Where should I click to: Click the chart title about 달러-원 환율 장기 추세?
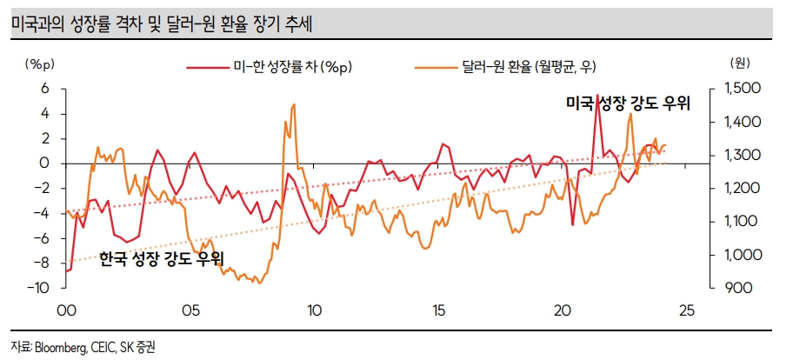click(x=163, y=25)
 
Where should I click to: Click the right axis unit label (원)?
click(x=741, y=64)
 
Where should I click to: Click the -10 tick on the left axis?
click(x=40, y=288)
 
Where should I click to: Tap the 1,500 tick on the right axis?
click(x=742, y=89)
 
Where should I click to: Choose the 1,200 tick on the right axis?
click(x=742, y=188)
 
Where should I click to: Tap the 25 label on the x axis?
click(x=687, y=310)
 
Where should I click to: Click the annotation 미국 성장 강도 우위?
click(x=628, y=104)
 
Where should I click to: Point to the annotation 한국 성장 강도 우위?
click(x=162, y=258)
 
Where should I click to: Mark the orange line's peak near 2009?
click(x=294, y=104)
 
